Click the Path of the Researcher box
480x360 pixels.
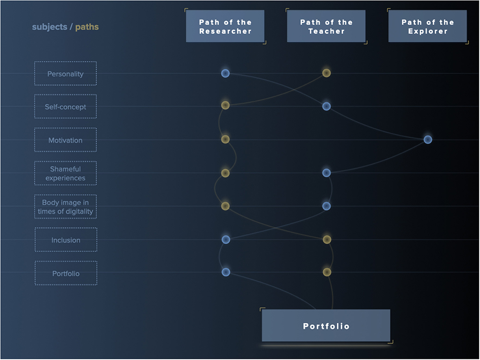pos(225,27)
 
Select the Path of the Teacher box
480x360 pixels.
pos(326,27)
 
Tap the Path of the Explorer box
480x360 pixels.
pos(427,27)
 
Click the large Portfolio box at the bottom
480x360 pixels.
pos(326,326)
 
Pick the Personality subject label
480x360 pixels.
pos(66,74)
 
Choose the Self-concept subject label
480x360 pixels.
pos(66,107)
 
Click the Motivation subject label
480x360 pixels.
pos(66,140)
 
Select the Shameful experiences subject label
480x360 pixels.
pos(66,173)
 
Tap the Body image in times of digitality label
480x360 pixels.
pos(66,207)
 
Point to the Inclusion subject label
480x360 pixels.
pos(66,240)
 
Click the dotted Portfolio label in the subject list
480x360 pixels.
pos(66,273)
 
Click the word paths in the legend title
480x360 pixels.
pos(87,27)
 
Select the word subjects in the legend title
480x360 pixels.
pos(49,27)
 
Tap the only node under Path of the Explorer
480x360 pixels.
pos(427,140)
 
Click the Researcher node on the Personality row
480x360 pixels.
pos(225,73)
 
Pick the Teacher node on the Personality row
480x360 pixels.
pos(326,73)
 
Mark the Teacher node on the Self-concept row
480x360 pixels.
pos(326,107)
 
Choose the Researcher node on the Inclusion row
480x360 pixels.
pos(226,239)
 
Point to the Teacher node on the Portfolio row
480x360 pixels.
pos(327,272)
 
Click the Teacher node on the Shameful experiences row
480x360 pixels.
pos(326,173)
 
